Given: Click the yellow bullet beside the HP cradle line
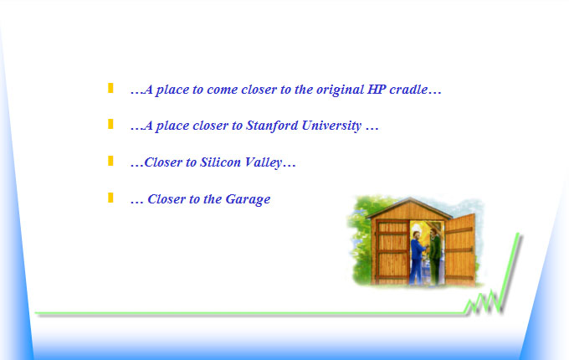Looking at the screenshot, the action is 110,88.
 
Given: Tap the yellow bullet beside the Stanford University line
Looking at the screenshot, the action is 110,124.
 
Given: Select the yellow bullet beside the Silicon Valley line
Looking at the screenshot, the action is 110,161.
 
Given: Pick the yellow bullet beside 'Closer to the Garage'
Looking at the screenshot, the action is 110,198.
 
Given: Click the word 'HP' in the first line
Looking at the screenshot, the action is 377,90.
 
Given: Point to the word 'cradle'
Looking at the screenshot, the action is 408,90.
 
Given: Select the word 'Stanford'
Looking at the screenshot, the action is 272,126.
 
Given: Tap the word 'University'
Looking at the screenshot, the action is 331,126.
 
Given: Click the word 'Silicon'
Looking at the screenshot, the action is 221,162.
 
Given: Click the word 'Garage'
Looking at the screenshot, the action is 248,199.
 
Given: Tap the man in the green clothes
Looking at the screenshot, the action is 435,256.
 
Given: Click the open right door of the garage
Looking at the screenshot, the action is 460,249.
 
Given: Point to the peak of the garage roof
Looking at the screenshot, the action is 410,198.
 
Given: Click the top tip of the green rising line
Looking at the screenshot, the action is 518,234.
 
